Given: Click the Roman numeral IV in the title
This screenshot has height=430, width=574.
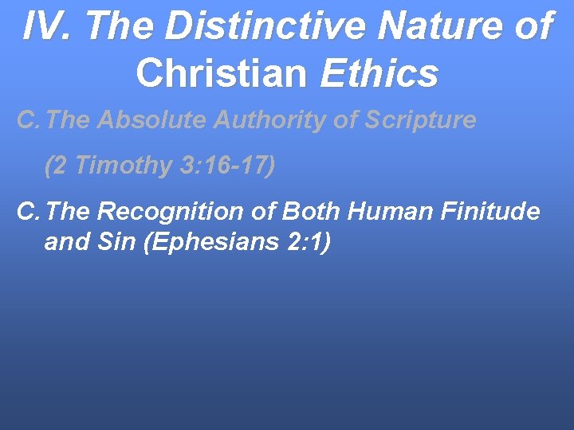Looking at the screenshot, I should click(41, 27).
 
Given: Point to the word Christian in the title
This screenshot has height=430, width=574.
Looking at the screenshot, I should click(221, 73).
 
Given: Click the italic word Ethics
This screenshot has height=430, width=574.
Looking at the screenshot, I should click(379, 73).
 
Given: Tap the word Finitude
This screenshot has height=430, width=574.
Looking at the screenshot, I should click(493, 212).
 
